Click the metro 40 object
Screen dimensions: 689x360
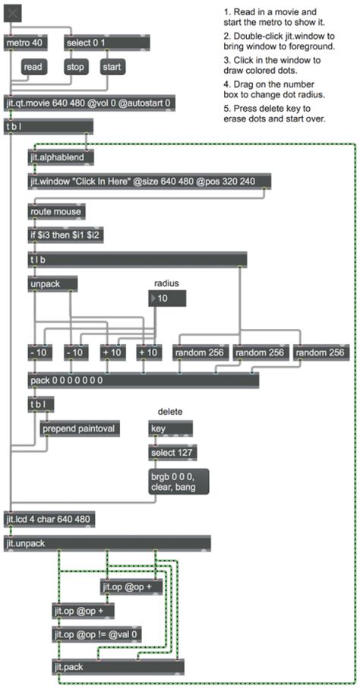[24, 43]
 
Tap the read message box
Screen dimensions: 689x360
[33, 68]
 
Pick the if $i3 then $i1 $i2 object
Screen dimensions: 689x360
[66, 235]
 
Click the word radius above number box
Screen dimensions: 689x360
[167, 283]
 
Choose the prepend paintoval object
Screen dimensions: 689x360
[80, 428]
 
